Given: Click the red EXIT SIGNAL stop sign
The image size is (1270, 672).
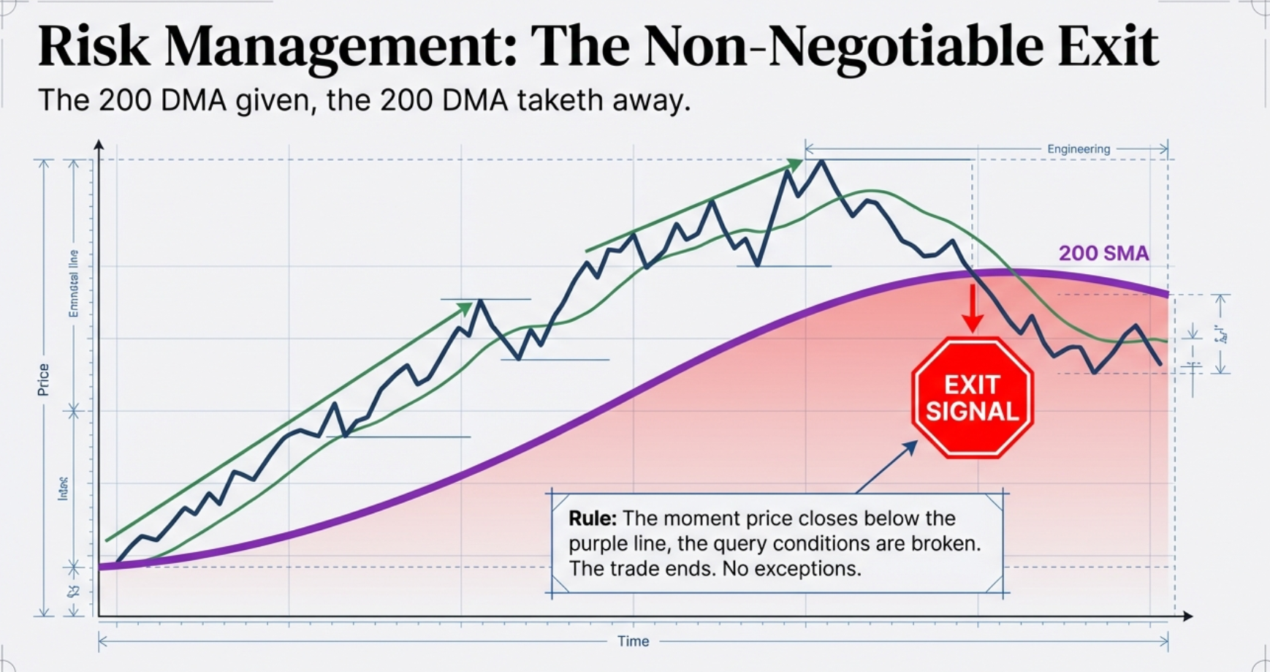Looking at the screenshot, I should point(972,399).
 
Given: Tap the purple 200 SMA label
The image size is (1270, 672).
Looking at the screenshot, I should point(1103,254).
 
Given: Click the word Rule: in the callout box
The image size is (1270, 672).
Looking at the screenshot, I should point(593,518).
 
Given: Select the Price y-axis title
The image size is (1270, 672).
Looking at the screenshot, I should point(43,380).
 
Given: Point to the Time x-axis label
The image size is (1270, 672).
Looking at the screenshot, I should point(633,641).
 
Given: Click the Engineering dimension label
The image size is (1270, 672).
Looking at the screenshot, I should point(1078,149).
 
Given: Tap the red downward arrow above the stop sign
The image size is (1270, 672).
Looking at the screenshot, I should point(972,311).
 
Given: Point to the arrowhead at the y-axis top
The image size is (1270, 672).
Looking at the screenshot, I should point(99,145).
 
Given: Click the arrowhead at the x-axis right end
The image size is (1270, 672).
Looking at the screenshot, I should point(1188,616).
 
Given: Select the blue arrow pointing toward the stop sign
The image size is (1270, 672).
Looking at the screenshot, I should point(887,467).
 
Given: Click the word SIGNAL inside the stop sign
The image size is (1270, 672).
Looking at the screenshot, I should point(972,412).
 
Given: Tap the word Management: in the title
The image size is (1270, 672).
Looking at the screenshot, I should point(341,48).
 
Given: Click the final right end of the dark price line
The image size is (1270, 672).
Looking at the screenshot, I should point(1160,363).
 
